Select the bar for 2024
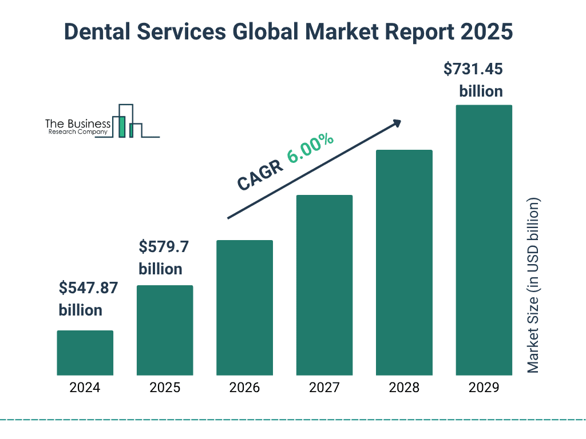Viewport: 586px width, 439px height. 85,353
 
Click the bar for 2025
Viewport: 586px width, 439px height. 165,330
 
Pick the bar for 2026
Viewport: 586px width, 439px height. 244,308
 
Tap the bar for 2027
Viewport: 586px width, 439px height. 324,285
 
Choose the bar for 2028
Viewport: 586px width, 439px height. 404,262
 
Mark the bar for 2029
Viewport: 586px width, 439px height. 484,240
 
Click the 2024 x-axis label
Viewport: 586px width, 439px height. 85,388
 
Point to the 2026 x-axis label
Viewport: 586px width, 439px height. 244,388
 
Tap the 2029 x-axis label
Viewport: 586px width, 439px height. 484,388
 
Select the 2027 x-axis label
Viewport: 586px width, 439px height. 324,388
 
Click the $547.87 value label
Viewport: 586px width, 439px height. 88,288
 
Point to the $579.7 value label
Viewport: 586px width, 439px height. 164,248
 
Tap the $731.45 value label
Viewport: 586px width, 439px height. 473,69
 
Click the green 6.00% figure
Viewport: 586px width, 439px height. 311,148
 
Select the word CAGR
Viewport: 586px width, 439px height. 259,174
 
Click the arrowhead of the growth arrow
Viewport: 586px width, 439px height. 397,123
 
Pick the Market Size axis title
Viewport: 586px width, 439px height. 533,286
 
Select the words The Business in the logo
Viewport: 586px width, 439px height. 78,124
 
